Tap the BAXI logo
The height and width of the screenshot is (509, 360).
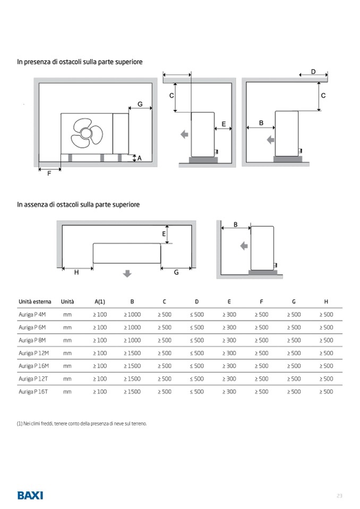pyautogui.click(x=30, y=495)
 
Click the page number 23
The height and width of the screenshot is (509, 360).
pyautogui.click(x=339, y=496)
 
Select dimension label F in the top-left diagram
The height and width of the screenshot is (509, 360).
pyautogui.click(x=49, y=174)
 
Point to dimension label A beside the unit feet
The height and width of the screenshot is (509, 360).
pyautogui.click(x=139, y=158)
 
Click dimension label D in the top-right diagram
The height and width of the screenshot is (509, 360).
pyautogui.click(x=313, y=72)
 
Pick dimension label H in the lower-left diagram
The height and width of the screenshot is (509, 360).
pyautogui.click(x=76, y=272)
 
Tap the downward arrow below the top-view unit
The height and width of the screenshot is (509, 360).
pyautogui.click(x=127, y=273)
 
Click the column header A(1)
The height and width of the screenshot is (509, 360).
pyautogui.click(x=100, y=301)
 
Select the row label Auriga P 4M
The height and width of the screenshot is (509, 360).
pyautogui.click(x=32, y=315)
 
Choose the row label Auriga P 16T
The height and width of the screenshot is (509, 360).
pyautogui.click(x=32, y=392)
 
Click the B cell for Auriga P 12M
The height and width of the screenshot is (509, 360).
pyautogui.click(x=132, y=353)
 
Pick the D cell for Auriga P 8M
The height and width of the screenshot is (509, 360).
pyautogui.click(x=197, y=340)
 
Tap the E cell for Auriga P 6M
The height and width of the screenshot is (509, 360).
pyautogui.click(x=229, y=327)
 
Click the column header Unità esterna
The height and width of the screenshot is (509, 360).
pyautogui.click(x=34, y=301)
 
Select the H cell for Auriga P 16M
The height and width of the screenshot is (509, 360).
pyautogui.click(x=326, y=366)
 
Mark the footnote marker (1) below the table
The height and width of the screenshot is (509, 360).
pyautogui.click(x=20, y=424)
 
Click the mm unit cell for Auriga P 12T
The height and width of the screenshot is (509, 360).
pyautogui.click(x=67, y=379)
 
